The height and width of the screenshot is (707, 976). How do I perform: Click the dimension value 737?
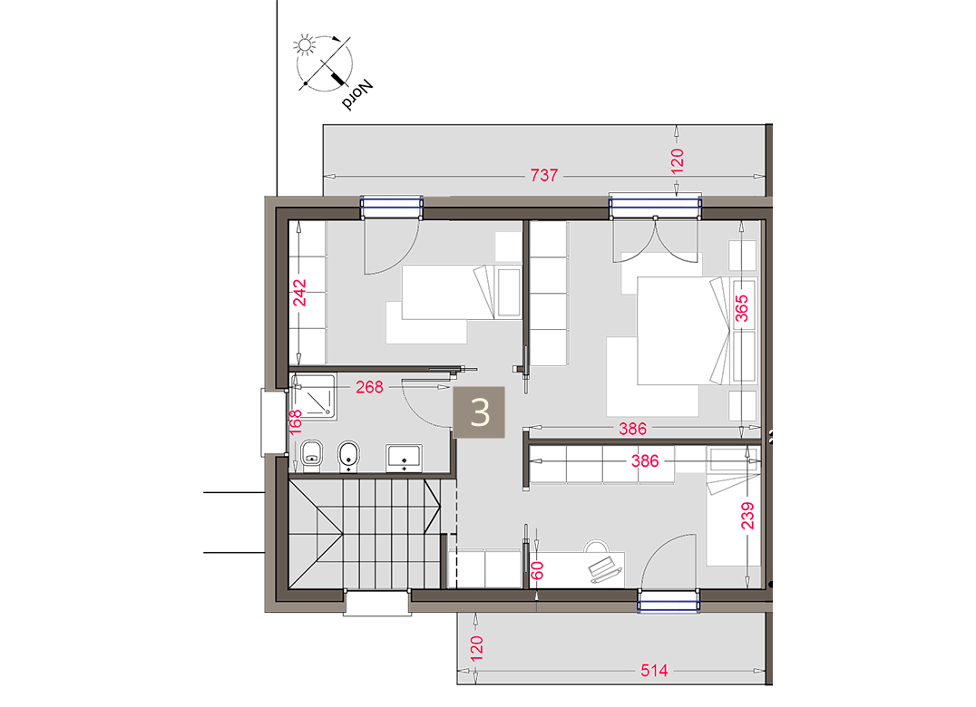click(x=544, y=175)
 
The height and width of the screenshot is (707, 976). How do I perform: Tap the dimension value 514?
click(x=654, y=671)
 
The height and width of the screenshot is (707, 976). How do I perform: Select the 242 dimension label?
click(x=300, y=293)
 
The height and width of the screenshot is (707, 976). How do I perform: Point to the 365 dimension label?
click(x=742, y=308)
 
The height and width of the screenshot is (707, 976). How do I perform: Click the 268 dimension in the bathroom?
click(x=369, y=387)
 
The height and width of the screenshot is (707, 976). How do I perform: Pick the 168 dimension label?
click(x=295, y=421)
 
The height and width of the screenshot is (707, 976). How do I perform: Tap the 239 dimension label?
click(x=747, y=516)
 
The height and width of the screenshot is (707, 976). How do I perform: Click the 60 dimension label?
click(x=538, y=570)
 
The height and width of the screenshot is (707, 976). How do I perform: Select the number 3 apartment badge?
click(x=479, y=412)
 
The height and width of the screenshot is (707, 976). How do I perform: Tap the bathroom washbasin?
click(x=404, y=457)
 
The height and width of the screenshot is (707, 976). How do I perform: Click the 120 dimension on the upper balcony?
click(x=678, y=160)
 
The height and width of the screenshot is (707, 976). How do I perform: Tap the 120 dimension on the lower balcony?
click(x=476, y=648)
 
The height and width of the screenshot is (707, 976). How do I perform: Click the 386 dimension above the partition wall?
click(x=632, y=429)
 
